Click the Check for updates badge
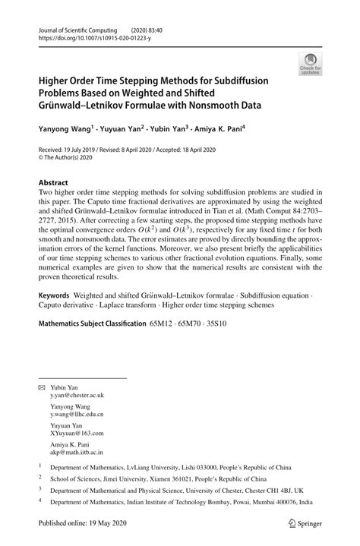pos(310,64)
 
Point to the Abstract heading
pos(53,183)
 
